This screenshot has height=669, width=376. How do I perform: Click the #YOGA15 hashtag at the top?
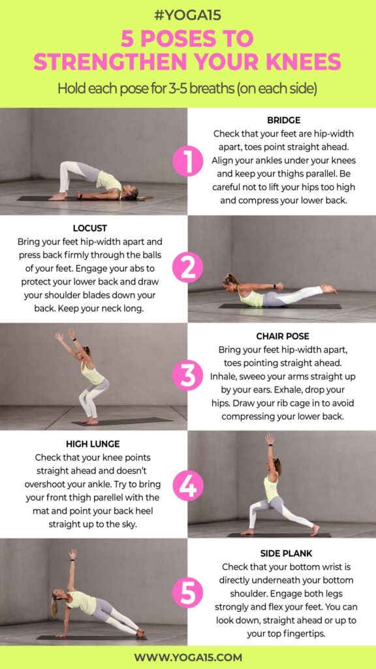(x=187, y=15)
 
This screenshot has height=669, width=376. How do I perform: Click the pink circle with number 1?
(x=187, y=161)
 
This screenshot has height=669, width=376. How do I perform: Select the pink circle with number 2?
(x=187, y=268)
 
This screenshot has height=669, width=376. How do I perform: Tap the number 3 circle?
(x=187, y=376)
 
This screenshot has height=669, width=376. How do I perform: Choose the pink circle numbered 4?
(x=187, y=485)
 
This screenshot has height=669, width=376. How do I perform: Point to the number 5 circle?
(x=187, y=593)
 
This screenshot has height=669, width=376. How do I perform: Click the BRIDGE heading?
(x=283, y=120)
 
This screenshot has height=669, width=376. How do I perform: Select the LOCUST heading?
(x=90, y=228)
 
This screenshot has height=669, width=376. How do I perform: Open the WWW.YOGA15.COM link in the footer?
(x=188, y=657)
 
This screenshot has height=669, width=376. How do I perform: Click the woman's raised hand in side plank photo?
(x=73, y=553)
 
